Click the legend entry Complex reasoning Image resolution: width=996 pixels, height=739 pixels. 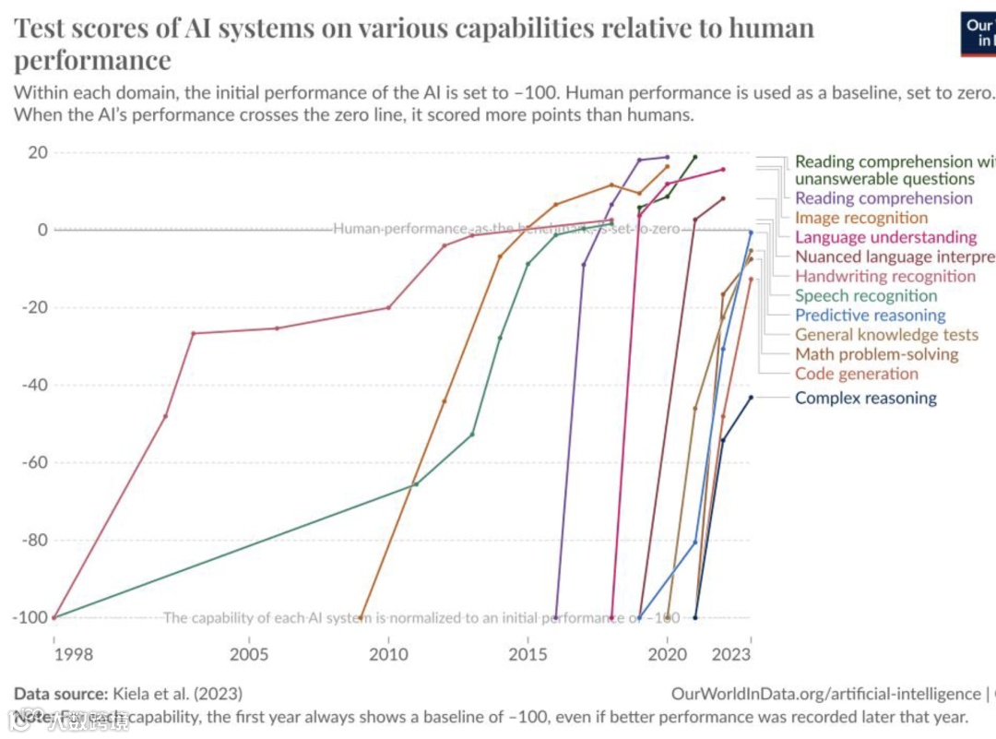point(865,399)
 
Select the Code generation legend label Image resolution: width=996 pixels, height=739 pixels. point(856,374)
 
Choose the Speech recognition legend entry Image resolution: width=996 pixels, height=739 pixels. point(865,296)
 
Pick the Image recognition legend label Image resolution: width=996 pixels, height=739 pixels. point(860,218)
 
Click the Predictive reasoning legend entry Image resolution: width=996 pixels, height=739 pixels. point(870,316)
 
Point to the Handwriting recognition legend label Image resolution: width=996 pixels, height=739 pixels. point(884,276)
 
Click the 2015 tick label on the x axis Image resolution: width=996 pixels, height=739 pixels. point(528,655)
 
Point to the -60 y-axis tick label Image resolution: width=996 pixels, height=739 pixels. point(34,462)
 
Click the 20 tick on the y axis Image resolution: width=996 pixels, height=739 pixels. point(38,152)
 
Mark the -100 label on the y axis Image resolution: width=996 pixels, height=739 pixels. point(30,617)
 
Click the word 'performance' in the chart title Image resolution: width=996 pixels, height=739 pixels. point(92,61)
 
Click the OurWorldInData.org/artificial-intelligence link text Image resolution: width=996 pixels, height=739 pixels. point(825,694)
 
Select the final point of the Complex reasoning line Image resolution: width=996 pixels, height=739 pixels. point(751,398)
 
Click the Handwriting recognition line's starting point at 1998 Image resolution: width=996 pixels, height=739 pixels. point(54,617)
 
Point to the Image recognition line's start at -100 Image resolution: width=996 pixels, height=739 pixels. point(361,617)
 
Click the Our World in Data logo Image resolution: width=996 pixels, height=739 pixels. point(978,32)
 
